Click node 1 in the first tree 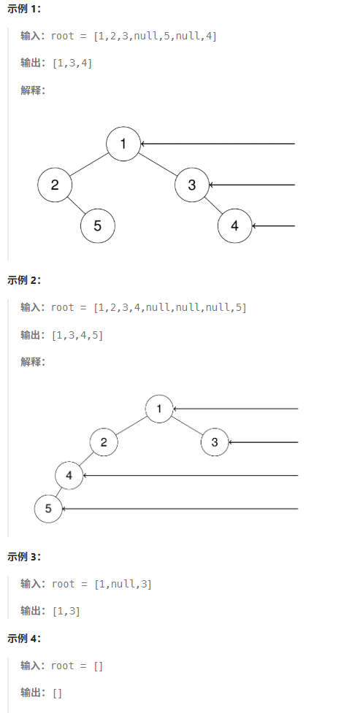pyautogui.click(x=123, y=144)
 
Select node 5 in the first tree pyautogui.click(x=98, y=226)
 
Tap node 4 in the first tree pyautogui.click(x=235, y=226)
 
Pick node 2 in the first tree pyautogui.click(x=55, y=185)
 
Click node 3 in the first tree pyautogui.click(x=192, y=185)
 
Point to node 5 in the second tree pyautogui.click(x=48, y=509)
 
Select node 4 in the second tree pyautogui.click(x=69, y=476)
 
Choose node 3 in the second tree pyautogui.click(x=215, y=442)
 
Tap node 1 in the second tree pyautogui.click(x=159, y=409)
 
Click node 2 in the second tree pyautogui.click(x=104, y=442)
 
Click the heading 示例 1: pyautogui.click(x=24, y=9)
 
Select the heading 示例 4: pyautogui.click(x=24, y=639)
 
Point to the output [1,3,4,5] pyautogui.click(x=78, y=336)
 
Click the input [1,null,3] pyautogui.click(x=123, y=584)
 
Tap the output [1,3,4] pyautogui.click(x=72, y=63)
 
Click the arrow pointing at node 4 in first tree pyautogui.click(x=274, y=226)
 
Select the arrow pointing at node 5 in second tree pyautogui.click(x=180, y=509)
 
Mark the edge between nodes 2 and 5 pyautogui.click(x=77, y=205)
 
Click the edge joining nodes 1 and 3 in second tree pyautogui.click(x=187, y=425)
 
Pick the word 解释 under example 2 pyautogui.click(x=30, y=363)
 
